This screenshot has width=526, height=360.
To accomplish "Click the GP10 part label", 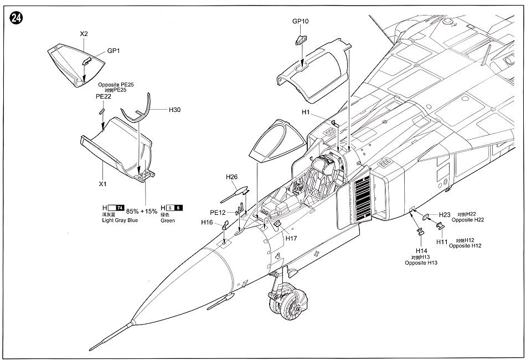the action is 300,21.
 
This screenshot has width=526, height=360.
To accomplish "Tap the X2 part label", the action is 84,34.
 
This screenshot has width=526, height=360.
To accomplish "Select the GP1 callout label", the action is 114,51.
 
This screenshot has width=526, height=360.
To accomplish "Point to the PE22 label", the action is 104,96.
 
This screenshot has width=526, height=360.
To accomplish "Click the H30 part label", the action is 174,110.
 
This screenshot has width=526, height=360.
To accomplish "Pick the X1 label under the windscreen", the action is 102,184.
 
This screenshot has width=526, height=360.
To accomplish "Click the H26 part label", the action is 231,177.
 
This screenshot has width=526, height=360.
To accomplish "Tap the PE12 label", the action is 218,213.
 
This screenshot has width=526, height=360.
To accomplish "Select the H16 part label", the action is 207,222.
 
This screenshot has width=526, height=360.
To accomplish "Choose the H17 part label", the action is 291,238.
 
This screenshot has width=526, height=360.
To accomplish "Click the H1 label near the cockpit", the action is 306,112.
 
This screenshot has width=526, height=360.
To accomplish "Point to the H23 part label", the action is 445,215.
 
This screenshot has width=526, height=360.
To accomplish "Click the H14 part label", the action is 421,251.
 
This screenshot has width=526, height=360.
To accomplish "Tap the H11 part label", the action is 442,242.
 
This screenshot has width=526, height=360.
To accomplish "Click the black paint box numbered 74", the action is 120,208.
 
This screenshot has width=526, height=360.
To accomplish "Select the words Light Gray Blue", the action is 120,220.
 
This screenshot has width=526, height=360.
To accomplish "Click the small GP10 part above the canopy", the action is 300,40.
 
